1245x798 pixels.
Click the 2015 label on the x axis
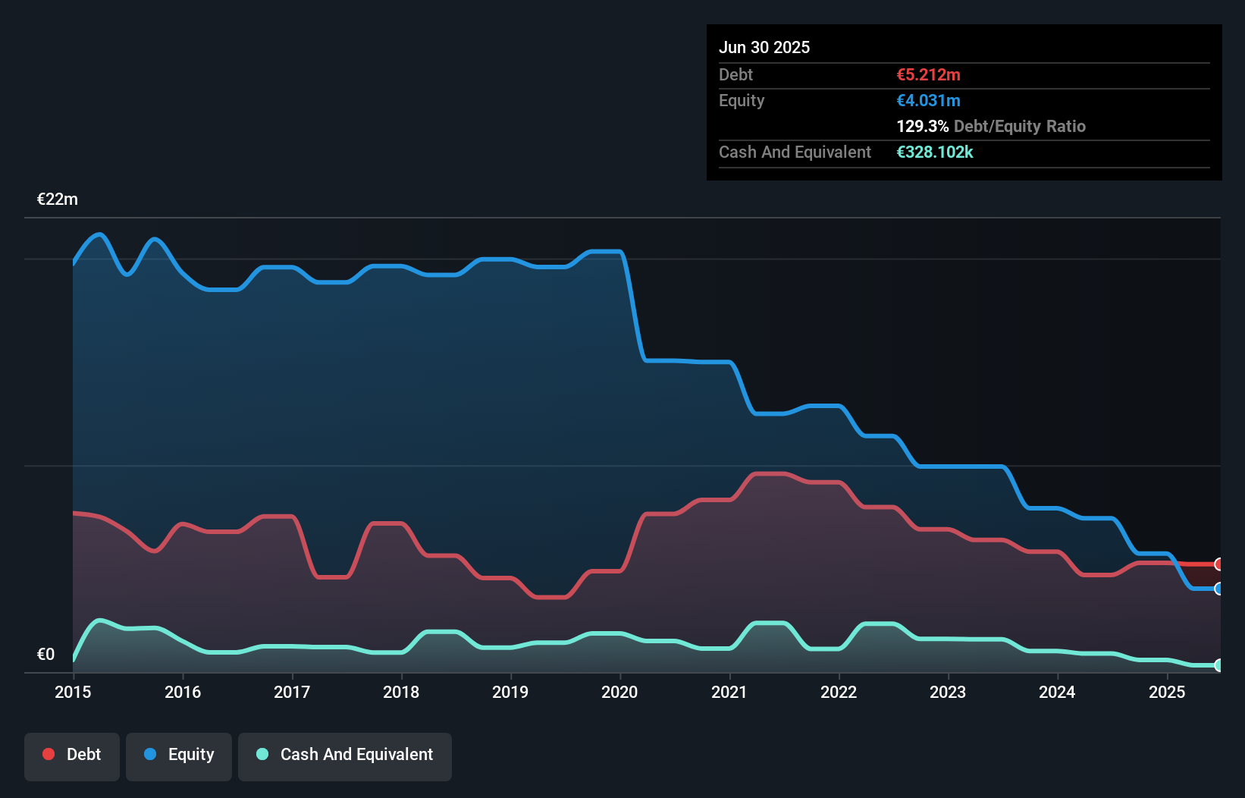(x=73, y=692)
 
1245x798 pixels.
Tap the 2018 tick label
(x=401, y=692)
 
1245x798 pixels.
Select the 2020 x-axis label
(x=619, y=692)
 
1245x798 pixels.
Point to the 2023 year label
(x=948, y=692)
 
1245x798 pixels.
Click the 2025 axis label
(x=1167, y=692)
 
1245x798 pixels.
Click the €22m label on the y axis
(x=58, y=199)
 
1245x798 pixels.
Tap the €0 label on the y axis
(x=45, y=655)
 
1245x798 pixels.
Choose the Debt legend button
(x=72, y=755)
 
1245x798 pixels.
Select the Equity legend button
(x=179, y=755)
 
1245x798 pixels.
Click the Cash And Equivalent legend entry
(x=345, y=755)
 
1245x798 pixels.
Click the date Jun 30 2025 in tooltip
(x=764, y=48)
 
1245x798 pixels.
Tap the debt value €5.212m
(x=928, y=75)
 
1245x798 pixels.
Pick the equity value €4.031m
(x=928, y=101)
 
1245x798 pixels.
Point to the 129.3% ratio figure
(x=922, y=127)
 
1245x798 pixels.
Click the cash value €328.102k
(x=934, y=152)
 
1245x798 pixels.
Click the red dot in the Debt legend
(x=49, y=754)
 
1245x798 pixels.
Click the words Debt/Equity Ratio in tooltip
(x=1020, y=127)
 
